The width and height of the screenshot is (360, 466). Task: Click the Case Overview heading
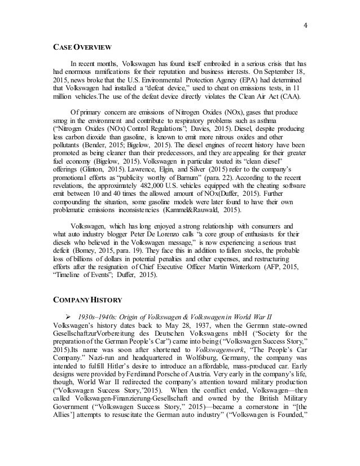[x=75, y=47]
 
